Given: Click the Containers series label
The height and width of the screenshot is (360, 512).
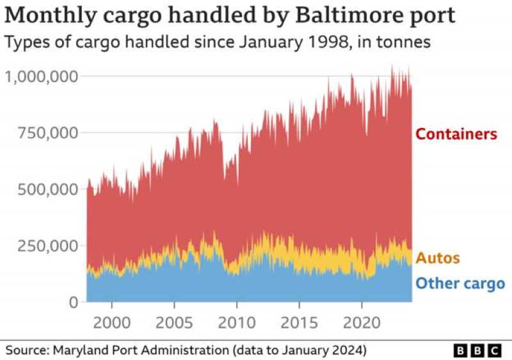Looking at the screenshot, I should [x=456, y=135].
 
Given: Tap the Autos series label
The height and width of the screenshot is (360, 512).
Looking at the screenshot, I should [x=438, y=258].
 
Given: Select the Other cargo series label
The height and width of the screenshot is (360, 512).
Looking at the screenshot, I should [x=460, y=283].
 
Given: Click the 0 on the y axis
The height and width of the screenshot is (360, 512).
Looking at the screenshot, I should [x=73, y=302].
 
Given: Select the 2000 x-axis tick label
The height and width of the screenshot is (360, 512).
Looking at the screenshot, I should [x=111, y=321].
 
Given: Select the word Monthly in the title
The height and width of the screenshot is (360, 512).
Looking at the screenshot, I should [x=53, y=15].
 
